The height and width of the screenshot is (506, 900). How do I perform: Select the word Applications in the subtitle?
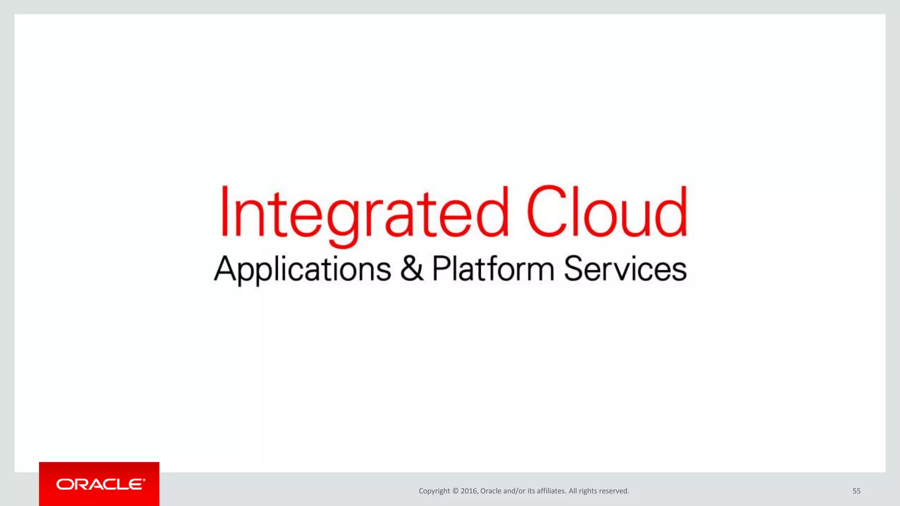click(x=302, y=269)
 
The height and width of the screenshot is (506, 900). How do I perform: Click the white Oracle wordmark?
click(x=101, y=484)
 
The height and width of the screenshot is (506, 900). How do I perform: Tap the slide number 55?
click(x=856, y=491)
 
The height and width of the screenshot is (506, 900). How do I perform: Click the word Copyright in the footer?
click(x=434, y=491)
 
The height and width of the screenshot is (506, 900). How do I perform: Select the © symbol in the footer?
click(x=455, y=491)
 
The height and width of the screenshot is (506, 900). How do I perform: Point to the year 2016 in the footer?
click(x=469, y=491)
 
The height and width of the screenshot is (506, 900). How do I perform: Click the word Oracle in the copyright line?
click(x=490, y=491)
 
